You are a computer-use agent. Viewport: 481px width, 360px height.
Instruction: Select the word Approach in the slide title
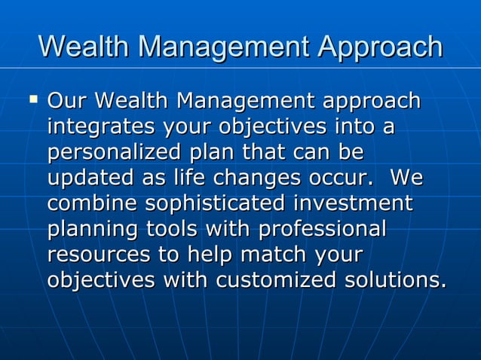379,47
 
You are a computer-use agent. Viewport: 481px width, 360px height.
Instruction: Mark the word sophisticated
215,203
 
